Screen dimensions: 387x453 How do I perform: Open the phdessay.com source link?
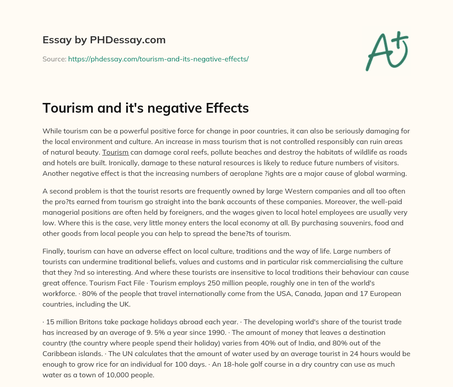coord(158,59)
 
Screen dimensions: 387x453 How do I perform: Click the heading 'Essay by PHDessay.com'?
coord(104,40)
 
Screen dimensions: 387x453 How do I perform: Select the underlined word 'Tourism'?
coord(115,152)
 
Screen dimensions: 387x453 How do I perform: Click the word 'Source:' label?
coord(54,59)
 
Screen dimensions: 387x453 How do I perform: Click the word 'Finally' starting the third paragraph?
coord(54,251)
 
